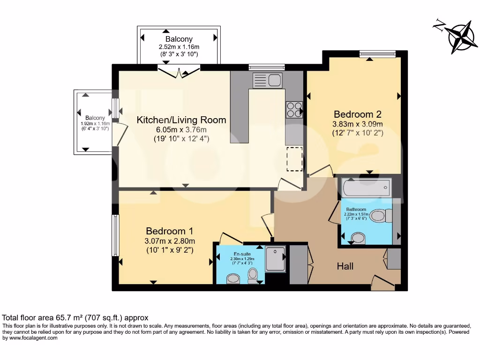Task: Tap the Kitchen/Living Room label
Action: point(181,120)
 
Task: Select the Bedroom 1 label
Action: point(169,231)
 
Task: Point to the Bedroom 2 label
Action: point(357,114)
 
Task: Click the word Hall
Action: point(345,266)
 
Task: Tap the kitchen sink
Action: point(267,81)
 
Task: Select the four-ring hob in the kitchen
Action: point(294,109)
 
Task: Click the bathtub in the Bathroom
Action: point(366,189)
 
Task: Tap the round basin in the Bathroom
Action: point(358,238)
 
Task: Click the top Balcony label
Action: point(179,39)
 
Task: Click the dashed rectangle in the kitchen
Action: point(295,158)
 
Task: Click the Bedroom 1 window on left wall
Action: point(115,235)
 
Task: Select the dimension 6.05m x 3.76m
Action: point(181,130)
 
